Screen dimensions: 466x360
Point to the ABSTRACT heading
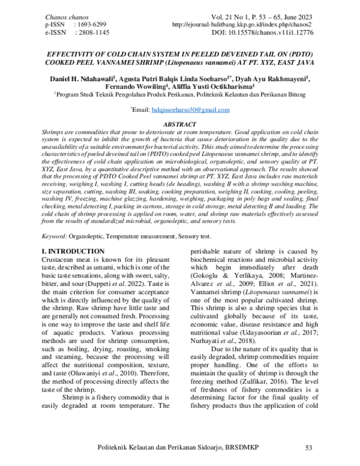tap(180, 123)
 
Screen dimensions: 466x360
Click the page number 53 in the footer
tap(310, 448)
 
